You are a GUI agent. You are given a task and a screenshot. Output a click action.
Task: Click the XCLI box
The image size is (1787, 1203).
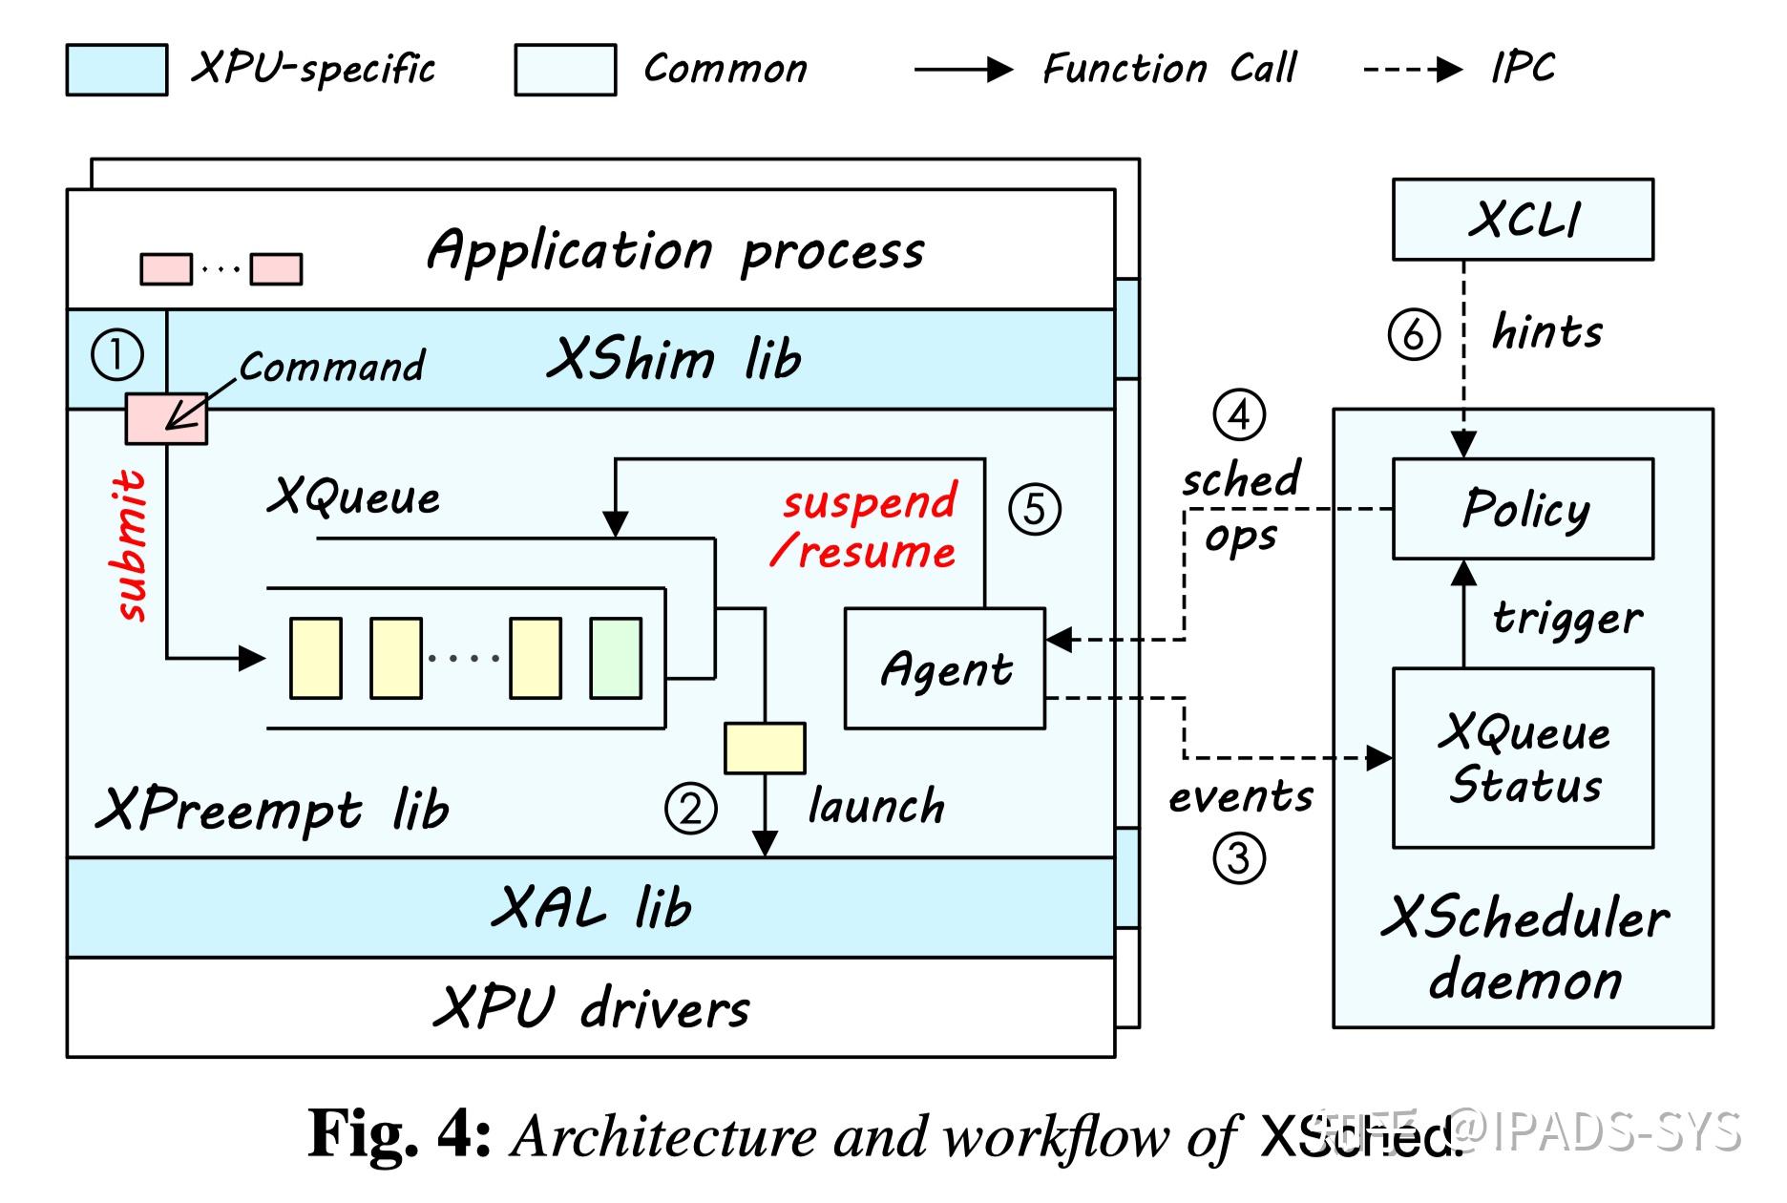(x=1523, y=220)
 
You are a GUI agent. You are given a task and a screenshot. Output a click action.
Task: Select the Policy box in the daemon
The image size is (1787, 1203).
(x=1523, y=509)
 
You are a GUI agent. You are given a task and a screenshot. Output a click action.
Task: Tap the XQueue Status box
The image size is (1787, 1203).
(x=1523, y=758)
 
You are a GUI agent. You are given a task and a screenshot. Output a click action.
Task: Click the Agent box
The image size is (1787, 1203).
(x=945, y=669)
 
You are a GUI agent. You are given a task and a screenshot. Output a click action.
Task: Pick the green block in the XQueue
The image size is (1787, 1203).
(x=616, y=658)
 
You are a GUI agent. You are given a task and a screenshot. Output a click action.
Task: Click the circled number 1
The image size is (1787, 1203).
(x=116, y=355)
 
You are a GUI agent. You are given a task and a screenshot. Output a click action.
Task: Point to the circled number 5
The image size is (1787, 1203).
(x=1035, y=508)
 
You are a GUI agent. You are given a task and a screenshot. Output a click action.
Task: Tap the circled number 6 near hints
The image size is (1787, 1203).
(x=1414, y=334)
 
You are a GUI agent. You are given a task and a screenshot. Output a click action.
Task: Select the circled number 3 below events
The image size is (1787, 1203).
(x=1239, y=857)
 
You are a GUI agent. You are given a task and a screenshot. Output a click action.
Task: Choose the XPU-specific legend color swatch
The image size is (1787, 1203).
(x=116, y=70)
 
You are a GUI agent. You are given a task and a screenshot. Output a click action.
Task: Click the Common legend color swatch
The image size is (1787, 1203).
(x=565, y=70)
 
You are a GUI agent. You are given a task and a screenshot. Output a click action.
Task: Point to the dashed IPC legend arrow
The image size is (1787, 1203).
(x=1413, y=69)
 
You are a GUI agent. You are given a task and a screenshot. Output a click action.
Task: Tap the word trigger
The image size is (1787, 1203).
(x=1567, y=618)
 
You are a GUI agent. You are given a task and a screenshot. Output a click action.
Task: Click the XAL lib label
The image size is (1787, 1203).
(x=591, y=907)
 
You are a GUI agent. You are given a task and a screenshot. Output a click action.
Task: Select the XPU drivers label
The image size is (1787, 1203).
(x=591, y=1007)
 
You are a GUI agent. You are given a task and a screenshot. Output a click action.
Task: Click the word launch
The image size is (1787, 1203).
(x=875, y=807)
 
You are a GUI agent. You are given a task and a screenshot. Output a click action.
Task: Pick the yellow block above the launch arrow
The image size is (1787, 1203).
(x=765, y=748)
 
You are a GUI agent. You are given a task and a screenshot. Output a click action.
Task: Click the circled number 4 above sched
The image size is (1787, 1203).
(x=1239, y=415)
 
